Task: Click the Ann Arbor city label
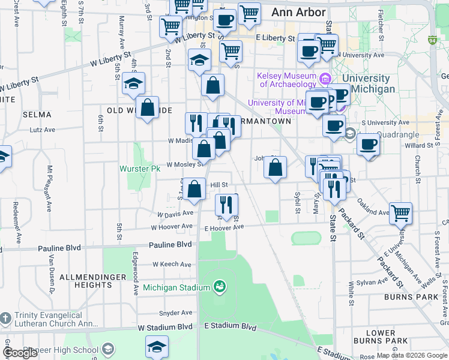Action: pyautogui.click(x=298, y=12)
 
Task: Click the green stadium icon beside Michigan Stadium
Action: pyautogui.click(x=220, y=287)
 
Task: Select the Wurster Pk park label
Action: pyautogui.click(x=142, y=169)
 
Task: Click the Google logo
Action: pyautogui.click(x=20, y=353)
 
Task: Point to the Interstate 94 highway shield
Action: pyautogui.click(x=432, y=41)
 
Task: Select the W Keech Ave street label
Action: pyautogui.click(x=172, y=264)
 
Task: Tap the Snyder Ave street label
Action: pyautogui.click(x=175, y=313)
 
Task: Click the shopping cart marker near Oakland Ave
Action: pyautogui.click(x=400, y=212)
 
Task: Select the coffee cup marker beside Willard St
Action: pyautogui.click(x=368, y=144)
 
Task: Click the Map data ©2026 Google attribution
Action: pyautogui.click(x=412, y=355)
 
